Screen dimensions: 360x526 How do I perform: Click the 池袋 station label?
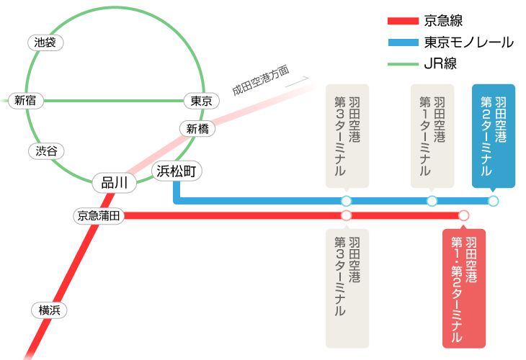(x=45, y=42)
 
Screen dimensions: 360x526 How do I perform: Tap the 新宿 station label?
(x=25, y=100)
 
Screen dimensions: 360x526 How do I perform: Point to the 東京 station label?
(x=201, y=101)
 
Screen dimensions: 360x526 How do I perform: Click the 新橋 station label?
(x=197, y=129)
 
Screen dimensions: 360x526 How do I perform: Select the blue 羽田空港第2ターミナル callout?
(x=493, y=135)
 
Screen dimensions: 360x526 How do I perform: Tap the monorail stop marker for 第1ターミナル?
(x=432, y=201)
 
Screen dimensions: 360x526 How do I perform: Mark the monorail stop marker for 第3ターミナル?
(x=346, y=201)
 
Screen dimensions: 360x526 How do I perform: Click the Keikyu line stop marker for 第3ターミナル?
(x=346, y=215)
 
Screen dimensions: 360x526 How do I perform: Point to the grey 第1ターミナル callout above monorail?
(x=432, y=135)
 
